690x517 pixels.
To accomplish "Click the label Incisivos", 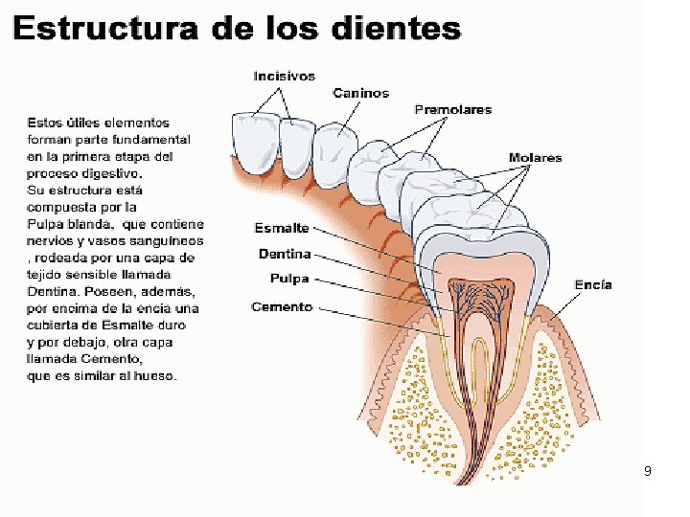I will click(x=284, y=76).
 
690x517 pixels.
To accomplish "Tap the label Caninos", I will click(x=361, y=93).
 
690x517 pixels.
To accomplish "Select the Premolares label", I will click(x=452, y=110).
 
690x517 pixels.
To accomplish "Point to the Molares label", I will click(x=535, y=158).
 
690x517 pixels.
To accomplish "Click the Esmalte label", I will click(x=281, y=228).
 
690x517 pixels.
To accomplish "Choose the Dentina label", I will click(x=285, y=254).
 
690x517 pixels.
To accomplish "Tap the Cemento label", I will click(x=282, y=306).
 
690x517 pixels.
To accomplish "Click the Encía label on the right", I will click(x=593, y=284).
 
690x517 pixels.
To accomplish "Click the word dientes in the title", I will click(x=402, y=28).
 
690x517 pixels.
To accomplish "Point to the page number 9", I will click(x=648, y=471).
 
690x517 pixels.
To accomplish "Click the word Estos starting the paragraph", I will click(x=43, y=123).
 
